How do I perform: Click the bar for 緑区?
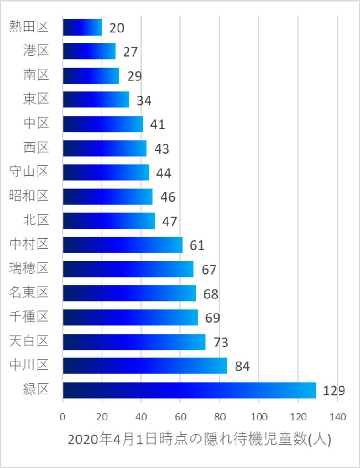(x=189, y=390)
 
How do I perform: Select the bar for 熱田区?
(x=82, y=27)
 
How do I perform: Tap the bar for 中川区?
(x=145, y=366)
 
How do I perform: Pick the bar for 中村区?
(x=122, y=245)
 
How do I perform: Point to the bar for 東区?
(x=96, y=99)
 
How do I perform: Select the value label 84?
(x=242, y=367)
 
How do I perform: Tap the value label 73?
(x=218, y=342)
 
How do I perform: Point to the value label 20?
(x=117, y=28)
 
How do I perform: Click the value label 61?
(x=197, y=245)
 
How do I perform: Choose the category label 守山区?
(x=29, y=172)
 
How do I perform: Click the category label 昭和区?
(x=29, y=196)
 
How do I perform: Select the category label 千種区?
(x=29, y=317)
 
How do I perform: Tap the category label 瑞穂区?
(x=29, y=268)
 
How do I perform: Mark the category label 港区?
(x=36, y=51)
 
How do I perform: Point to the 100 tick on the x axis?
(x=259, y=417)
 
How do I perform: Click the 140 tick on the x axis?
(x=337, y=417)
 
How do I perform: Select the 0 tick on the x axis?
(x=63, y=417)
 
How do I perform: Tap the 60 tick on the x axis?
(x=180, y=417)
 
